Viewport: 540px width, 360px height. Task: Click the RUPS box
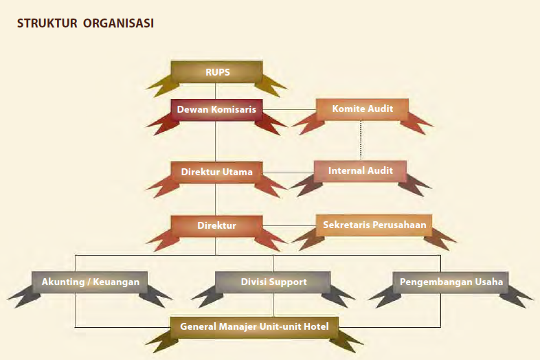click(216, 71)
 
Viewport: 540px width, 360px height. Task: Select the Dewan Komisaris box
click(216, 109)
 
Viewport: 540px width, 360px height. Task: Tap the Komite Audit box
click(361, 109)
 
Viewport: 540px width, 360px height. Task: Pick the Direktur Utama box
click(216, 171)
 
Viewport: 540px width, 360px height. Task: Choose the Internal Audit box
click(361, 170)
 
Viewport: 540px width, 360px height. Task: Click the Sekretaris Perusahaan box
click(374, 225)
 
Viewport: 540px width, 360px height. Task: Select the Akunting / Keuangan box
click(90, 282)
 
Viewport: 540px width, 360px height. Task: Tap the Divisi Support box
click(273, 282)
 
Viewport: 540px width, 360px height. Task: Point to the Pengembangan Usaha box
click(451, 282)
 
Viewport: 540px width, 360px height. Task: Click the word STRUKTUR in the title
click(47, 23)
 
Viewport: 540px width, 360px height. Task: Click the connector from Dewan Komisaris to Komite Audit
click(289, 109)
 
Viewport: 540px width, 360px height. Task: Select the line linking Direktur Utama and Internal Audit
click(287, 171)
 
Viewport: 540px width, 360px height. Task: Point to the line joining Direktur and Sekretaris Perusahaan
click(289, 225)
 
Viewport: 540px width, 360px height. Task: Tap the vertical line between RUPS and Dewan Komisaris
click(216, 91)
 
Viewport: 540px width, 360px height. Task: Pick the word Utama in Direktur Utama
click(238, 171)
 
